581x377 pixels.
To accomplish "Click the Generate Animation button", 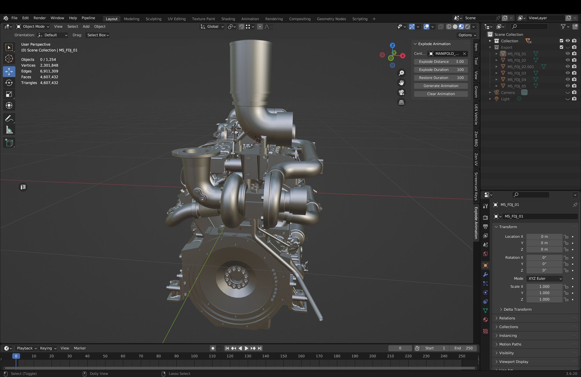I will (441, 86).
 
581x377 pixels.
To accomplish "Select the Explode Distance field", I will (441, 62).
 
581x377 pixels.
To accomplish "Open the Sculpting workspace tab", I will (153, 19).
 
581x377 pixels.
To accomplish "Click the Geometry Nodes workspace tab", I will (331, 19).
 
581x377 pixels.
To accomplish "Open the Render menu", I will (39, 18).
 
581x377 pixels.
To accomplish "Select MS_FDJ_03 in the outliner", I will (516, 73).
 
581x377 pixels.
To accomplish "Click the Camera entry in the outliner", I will (508, 93).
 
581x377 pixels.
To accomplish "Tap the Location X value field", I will (544, 237).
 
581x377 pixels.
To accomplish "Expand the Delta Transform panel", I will (517, 310).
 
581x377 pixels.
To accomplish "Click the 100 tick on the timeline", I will (194, 356).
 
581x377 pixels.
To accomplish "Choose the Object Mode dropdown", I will (33, 27).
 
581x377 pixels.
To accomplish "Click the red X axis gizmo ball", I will (403, 56).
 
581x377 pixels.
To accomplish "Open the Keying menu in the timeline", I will (48, 348).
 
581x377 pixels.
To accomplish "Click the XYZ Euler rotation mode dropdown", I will (545, 279).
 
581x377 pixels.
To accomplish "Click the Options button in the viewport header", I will (467, 35).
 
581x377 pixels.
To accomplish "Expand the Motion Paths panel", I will (510, 344).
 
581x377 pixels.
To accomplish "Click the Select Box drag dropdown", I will (98, 35).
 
